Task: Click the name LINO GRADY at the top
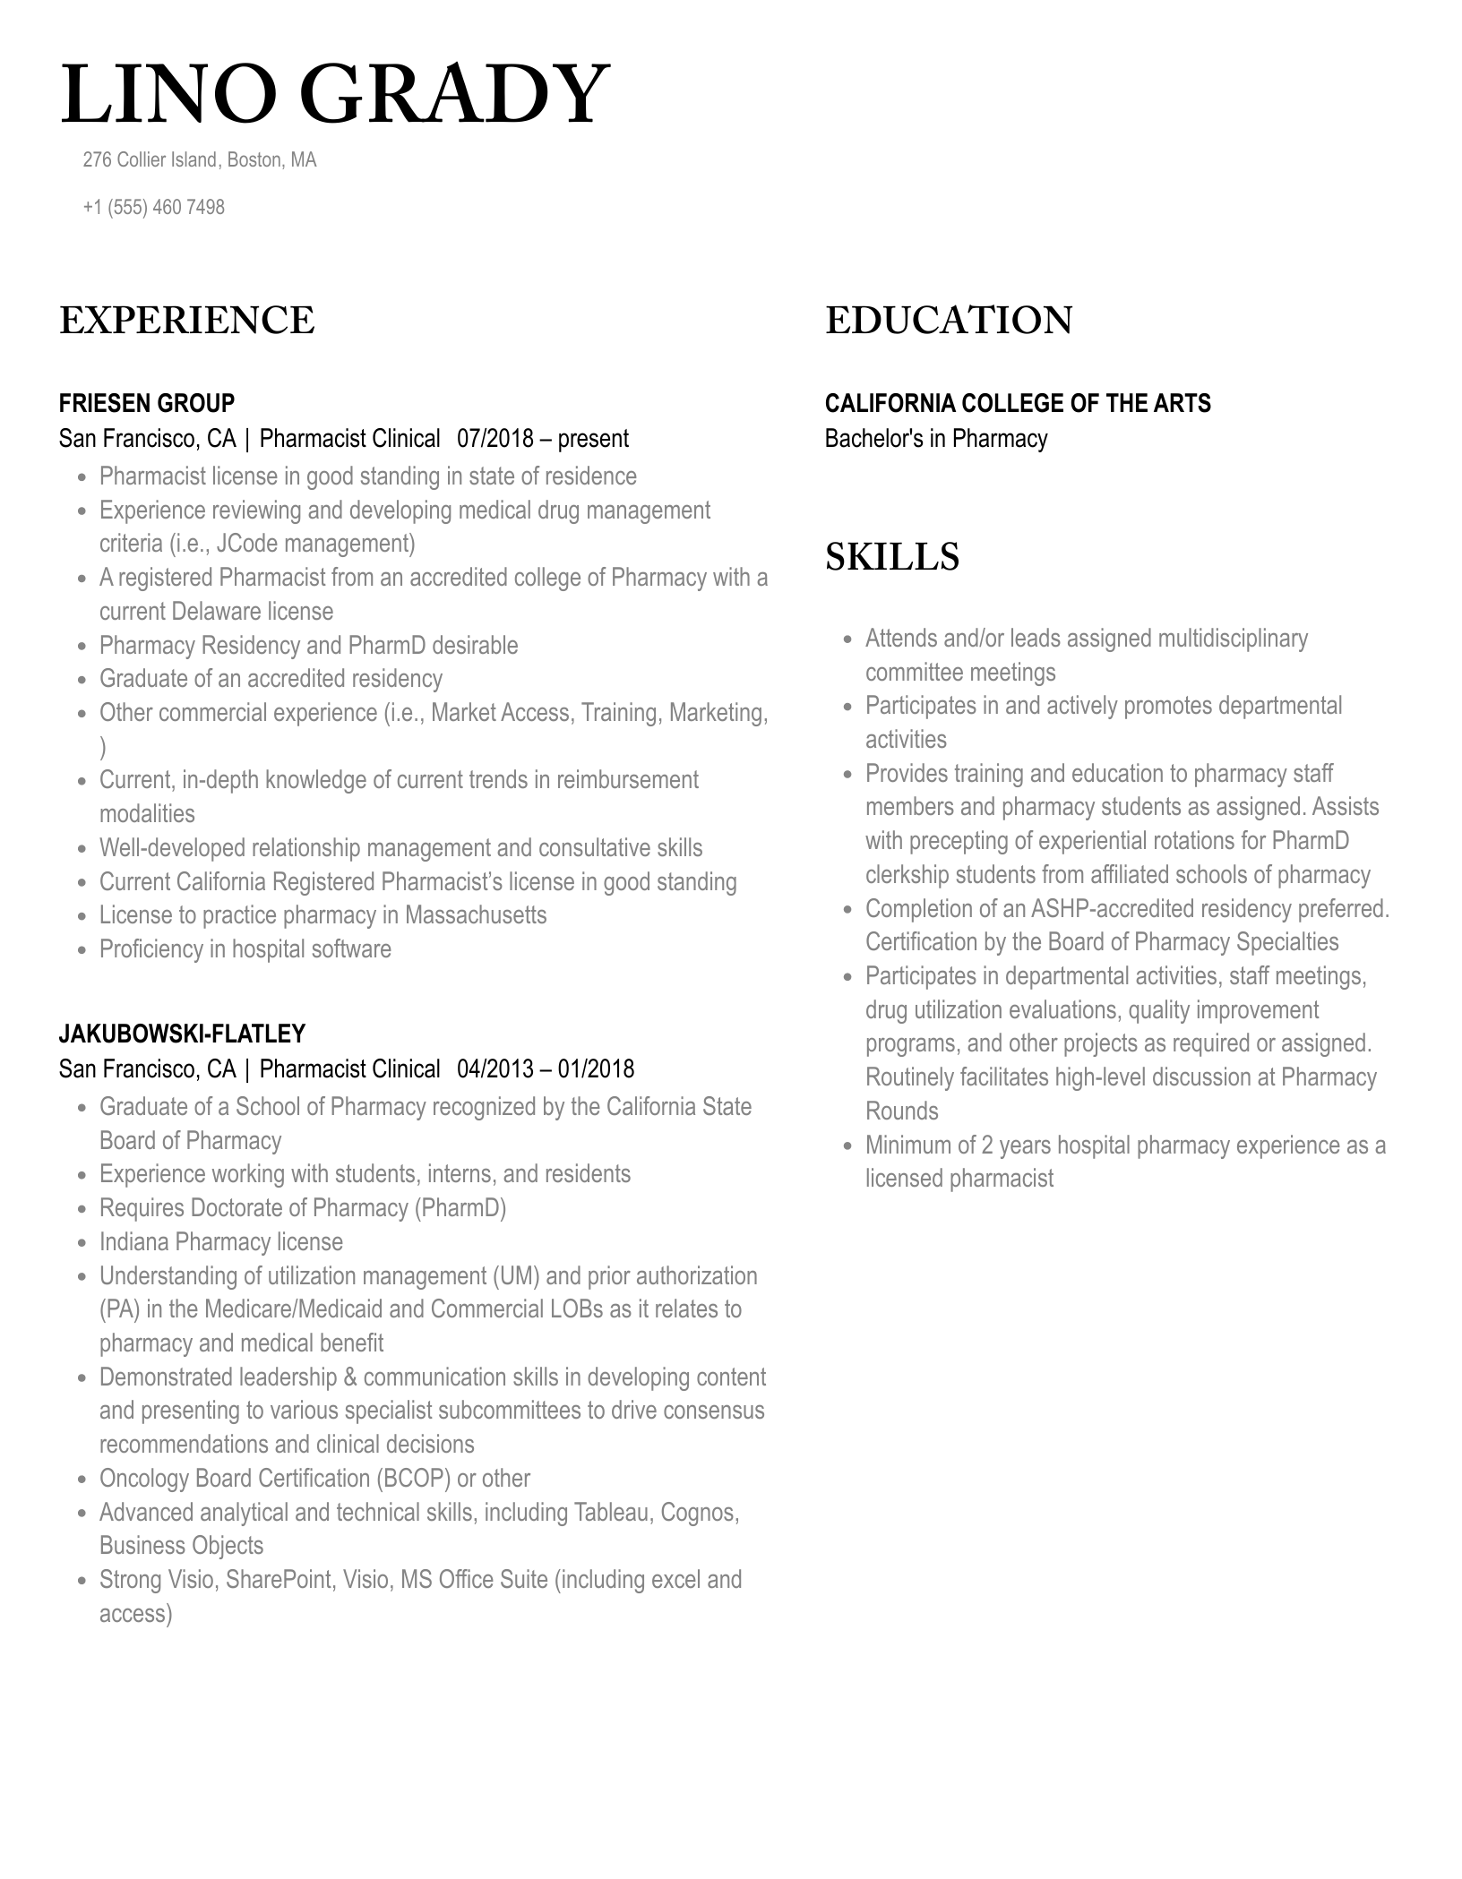point(335,95)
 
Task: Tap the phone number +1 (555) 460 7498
point(153,207)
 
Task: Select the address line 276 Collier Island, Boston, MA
point(199,159)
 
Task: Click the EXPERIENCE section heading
point(186,321)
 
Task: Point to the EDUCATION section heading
point(948,321)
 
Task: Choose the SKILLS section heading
point(891,556)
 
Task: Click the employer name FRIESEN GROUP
point(147,403)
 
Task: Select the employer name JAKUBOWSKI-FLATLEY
point(182,1034)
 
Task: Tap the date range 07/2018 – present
point(542,439)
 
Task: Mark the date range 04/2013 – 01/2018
point(545,1069)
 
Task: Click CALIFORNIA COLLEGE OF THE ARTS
point(1017,403)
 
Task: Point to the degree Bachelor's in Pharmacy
point(935,439)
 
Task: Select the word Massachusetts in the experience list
point(475,915)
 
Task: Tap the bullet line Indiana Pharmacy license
point(220,1242)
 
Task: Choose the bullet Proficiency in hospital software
point(245,949)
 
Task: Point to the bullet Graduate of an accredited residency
point(271,679)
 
